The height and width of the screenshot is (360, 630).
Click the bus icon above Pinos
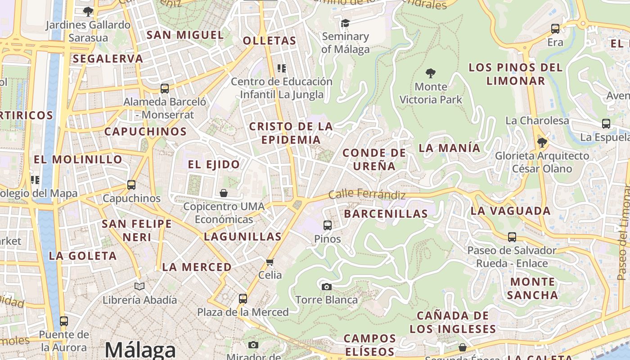pyautogui.click(x=328, y=225)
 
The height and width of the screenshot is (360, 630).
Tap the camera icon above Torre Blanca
pyautogui.click(x=327, y=287)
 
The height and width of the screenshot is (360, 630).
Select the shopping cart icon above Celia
pyautogui.click(x=270, y=262)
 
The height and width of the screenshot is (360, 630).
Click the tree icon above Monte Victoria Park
pyautogui.click(x=431, y=73)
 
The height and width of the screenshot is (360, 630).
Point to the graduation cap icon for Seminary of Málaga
pyautogui.click(x=345, y=23)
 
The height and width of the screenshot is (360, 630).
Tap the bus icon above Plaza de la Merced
pyautogui.click(x=243, y=298)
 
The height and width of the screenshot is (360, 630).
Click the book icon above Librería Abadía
pyautogui.click(x=139, y=286)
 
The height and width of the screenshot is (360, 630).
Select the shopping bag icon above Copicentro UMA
pyautogui.click(x=224, y=193)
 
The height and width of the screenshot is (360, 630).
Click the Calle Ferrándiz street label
pyautogui.click(x=367, y=194)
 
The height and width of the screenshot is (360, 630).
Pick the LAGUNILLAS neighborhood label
pyautogui.click(x=243, y=236)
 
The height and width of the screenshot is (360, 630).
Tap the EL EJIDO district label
pyautogui.click(x=214, y=164)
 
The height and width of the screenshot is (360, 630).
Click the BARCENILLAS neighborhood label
pyautogui.click(x=386, y=214)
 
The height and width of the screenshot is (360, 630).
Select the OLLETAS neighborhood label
pyautogui.click(x=270, y=40)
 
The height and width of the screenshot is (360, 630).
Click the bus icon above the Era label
pyautogui.click(x=555, y=29)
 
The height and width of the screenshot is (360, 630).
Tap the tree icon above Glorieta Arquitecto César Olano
pyautogui.click(x=542, y=143)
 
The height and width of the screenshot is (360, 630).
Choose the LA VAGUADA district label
pyautogui.click(x=510, y=211)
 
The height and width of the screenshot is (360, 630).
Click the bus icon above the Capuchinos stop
pyautogui.click(x=131, y=184)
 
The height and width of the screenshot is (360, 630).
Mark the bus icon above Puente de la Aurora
pyautogui.click(x=64, y=321)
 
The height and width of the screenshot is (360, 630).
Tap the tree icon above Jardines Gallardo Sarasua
pyautogui.click(x=88, y=11)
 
